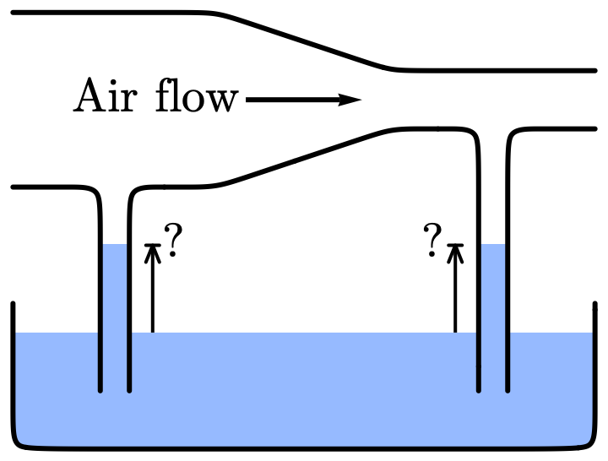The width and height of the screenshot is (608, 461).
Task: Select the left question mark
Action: click(173, 241)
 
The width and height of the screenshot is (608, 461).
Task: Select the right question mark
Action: click(433, 241)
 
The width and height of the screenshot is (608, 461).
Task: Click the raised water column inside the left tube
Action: click(114, 287)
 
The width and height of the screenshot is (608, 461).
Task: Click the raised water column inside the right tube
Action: click(493, 287)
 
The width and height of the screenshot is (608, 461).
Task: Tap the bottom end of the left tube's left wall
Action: click(100, 390)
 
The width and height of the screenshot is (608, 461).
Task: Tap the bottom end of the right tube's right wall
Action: click(508, 390)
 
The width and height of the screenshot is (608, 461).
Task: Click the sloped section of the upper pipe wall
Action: click(304, 40)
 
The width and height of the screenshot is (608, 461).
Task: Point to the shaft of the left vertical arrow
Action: click(152, 291)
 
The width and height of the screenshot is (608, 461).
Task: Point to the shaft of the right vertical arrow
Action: click(456, 291)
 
